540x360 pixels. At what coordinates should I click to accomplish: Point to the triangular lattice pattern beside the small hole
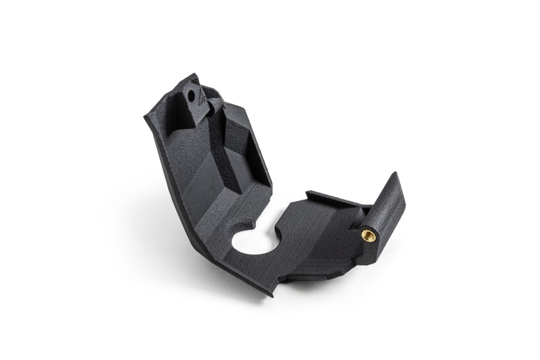click(204, 95)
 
